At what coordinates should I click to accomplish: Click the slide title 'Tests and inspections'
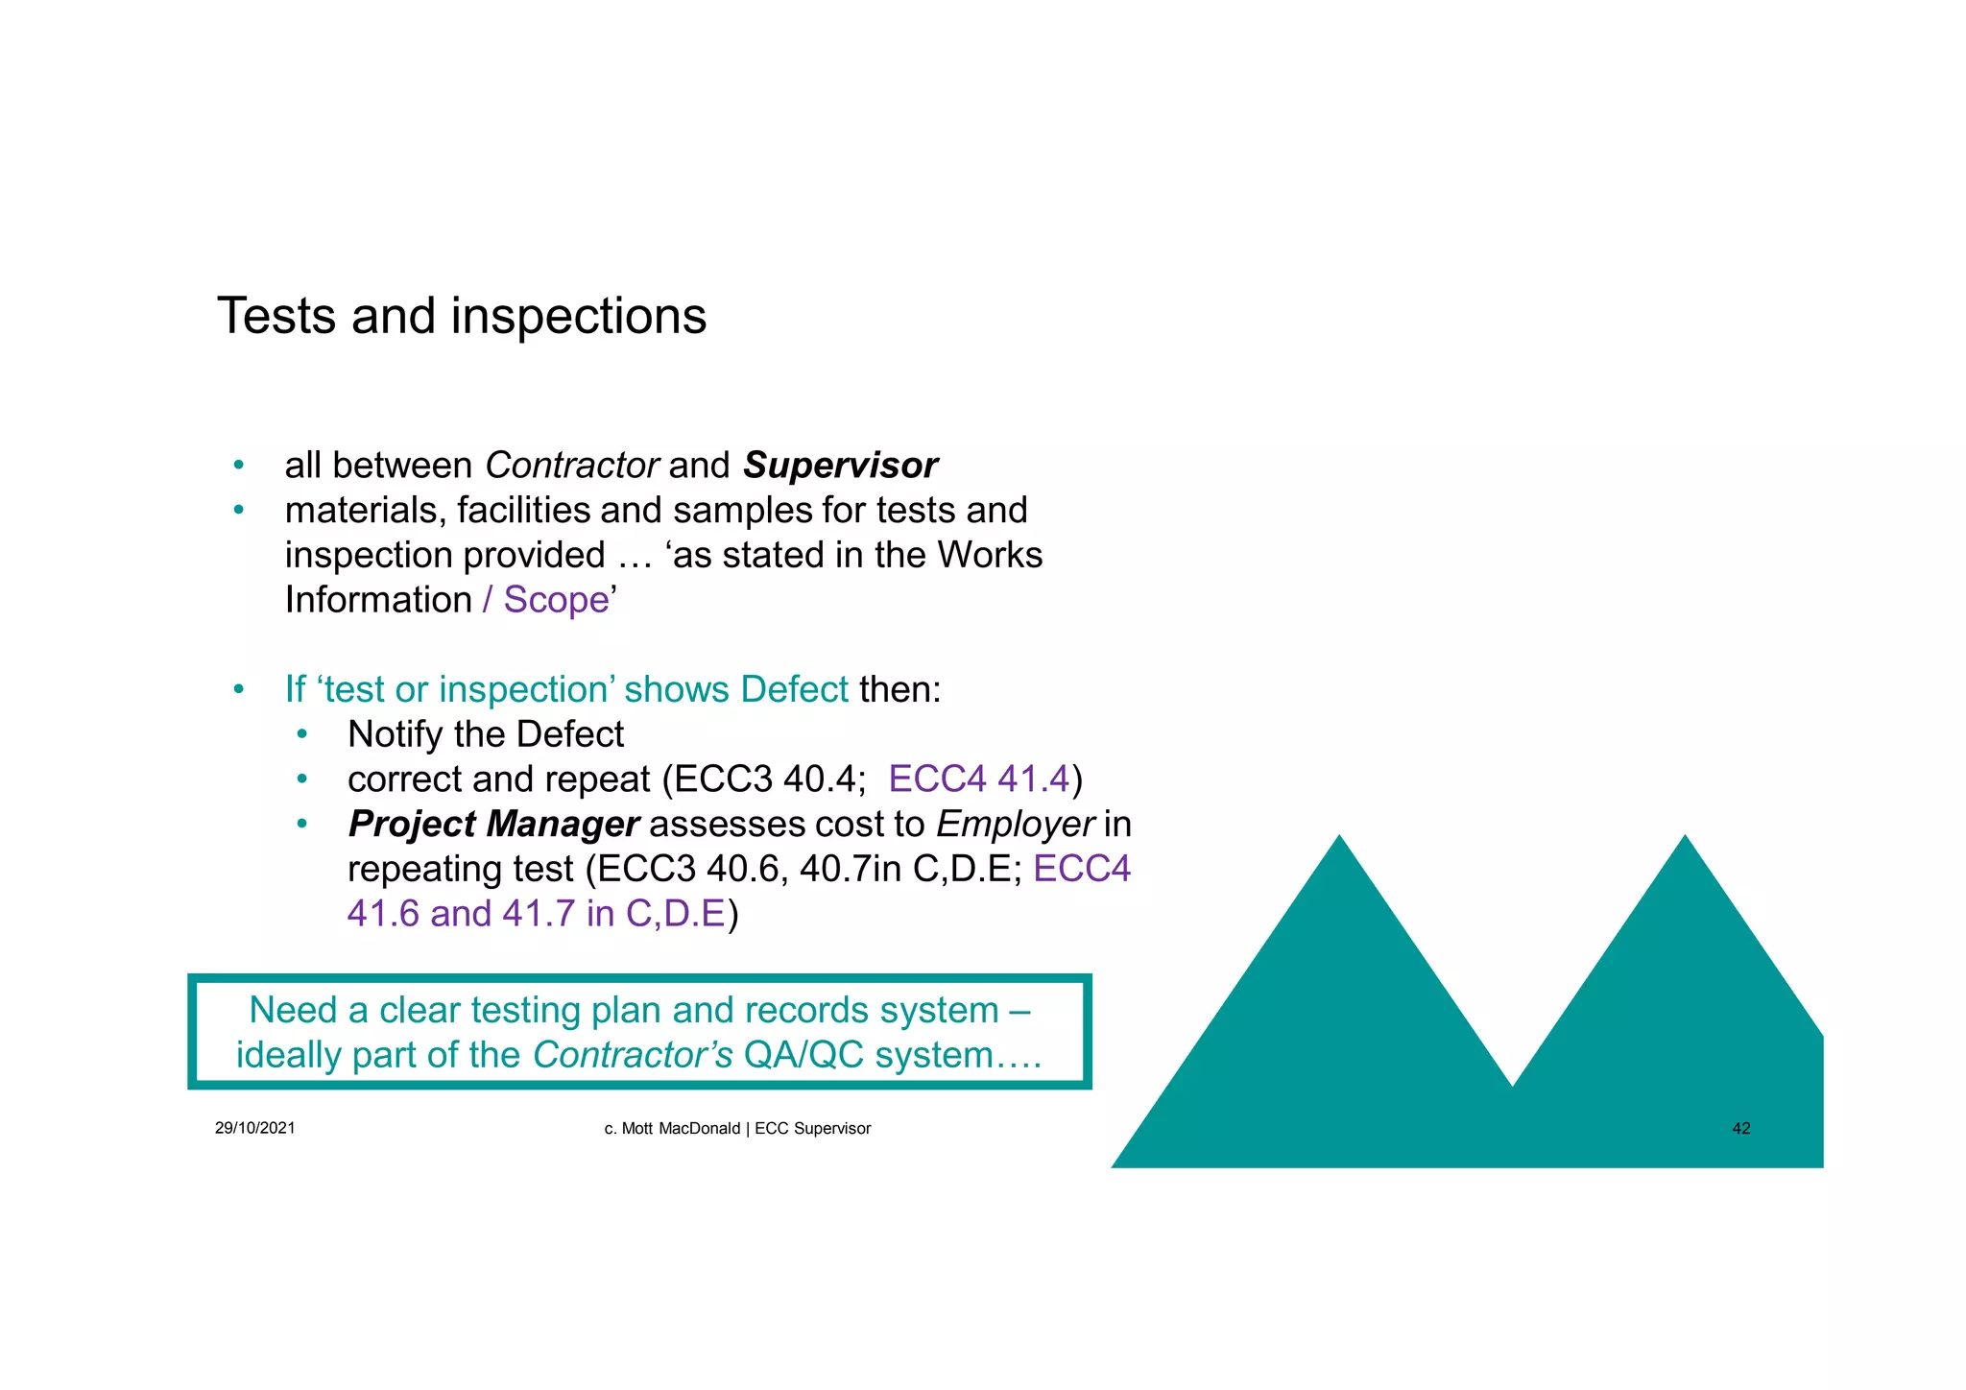(x=462, y=316)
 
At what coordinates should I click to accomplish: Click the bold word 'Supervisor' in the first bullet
(x=840, y=466)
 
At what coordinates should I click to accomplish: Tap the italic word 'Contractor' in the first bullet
(x=571, y=466)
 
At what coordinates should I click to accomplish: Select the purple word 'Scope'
(x=556, y=600)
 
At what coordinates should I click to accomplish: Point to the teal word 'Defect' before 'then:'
(x=794, y=689)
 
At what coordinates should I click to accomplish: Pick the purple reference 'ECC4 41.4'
(x=978, y=779)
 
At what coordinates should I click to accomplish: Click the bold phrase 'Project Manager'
(x=493, y=824)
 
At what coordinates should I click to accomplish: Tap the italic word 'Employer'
(x=1015, y=824)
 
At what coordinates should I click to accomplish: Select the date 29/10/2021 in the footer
(x=255, y=1128)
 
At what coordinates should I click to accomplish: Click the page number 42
(x=1740, y=1129)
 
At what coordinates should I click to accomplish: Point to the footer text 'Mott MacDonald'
(x=681, y=1129)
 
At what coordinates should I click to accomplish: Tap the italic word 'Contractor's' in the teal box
(x=633, y=1055)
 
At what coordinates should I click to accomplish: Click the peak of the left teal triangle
(x=1339, y=839)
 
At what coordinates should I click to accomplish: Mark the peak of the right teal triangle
(x=1685, y=839)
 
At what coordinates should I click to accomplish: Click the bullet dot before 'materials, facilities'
(x=239, y=510)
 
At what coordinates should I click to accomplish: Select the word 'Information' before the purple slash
(x=378, y=600)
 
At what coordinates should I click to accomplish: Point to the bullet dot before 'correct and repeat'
(x=301, y=779)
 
